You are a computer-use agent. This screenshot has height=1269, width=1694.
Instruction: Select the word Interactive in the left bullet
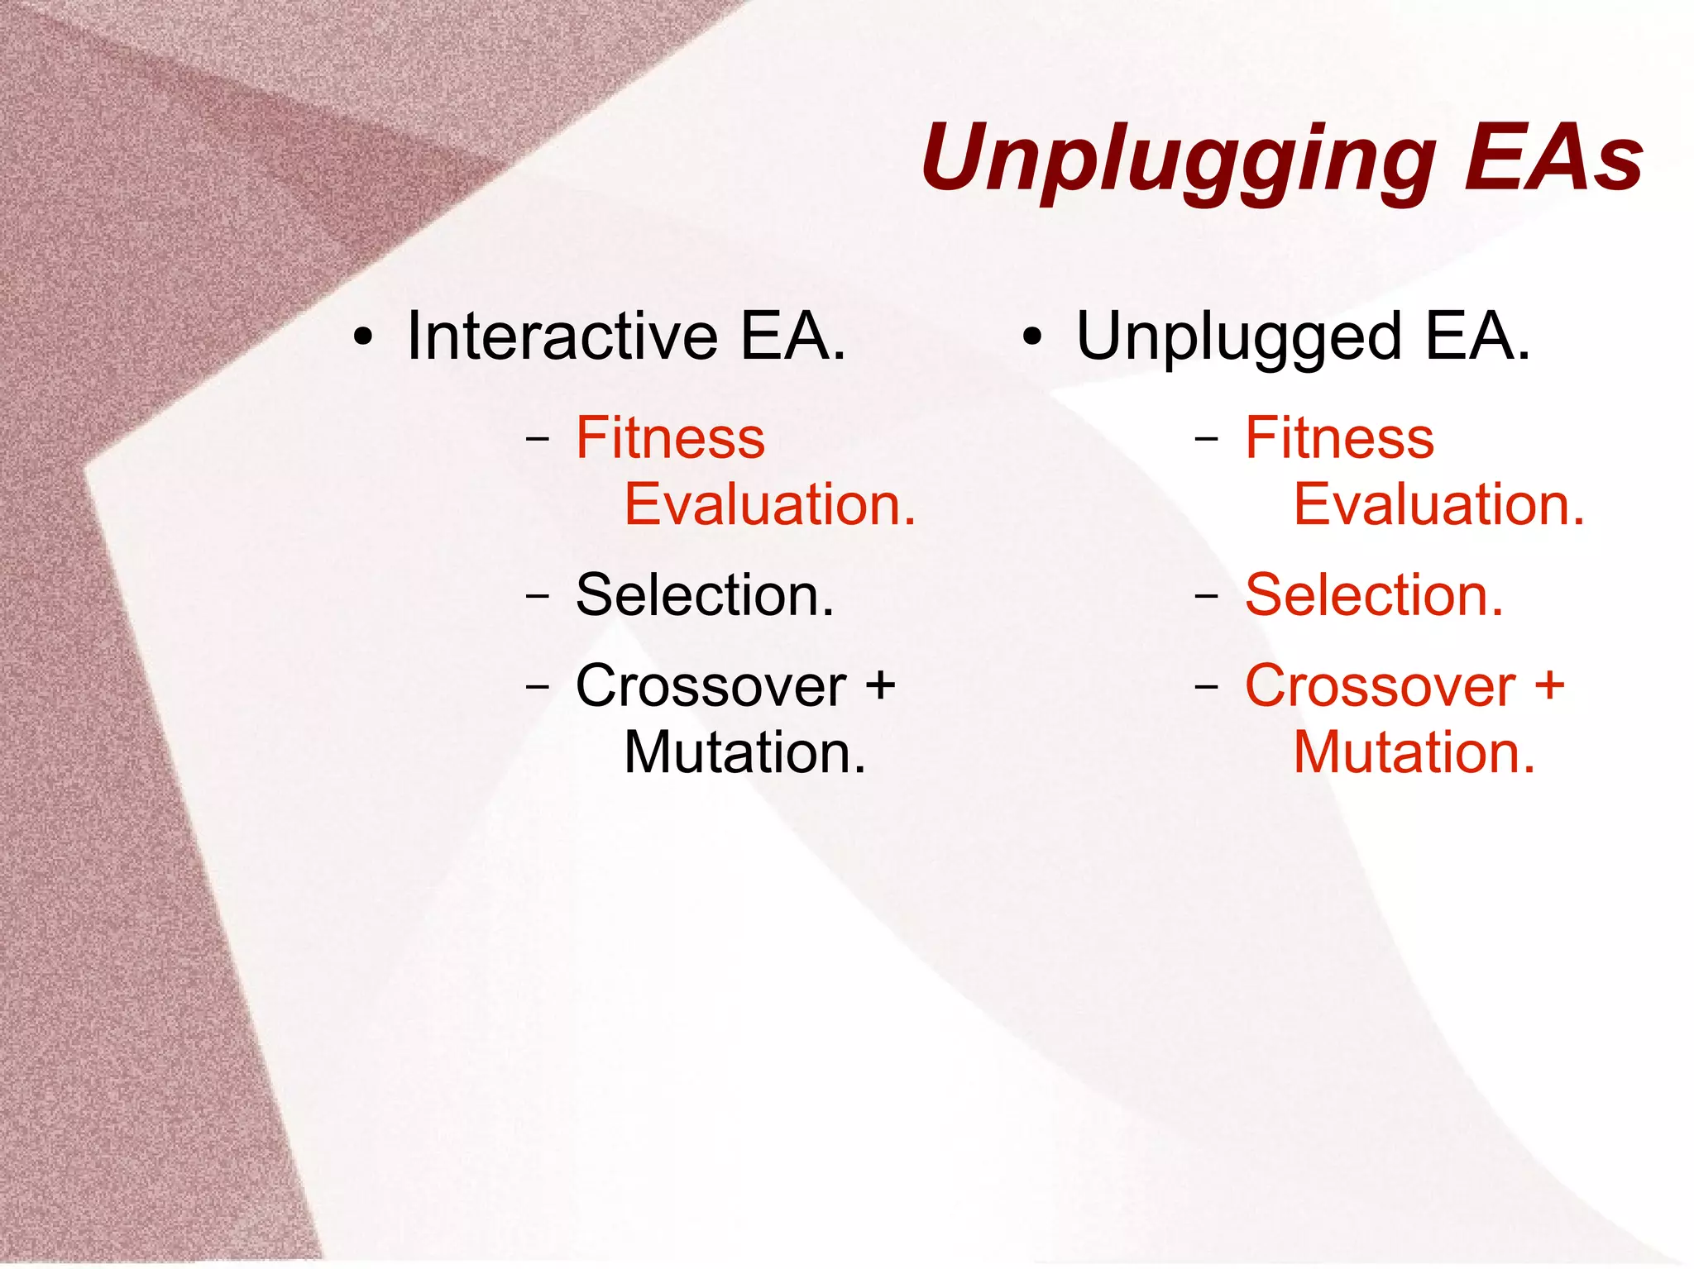562,336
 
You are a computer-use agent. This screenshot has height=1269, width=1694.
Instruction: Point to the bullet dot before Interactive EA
362,338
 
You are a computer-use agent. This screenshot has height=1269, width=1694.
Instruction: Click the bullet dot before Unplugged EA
1031,338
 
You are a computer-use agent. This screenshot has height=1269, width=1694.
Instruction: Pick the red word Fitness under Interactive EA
670,437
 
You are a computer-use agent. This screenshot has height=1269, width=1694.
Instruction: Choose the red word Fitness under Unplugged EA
1339,437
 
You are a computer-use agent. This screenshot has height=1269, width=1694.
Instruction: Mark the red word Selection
1374,594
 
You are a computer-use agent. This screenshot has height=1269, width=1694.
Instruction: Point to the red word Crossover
1381,686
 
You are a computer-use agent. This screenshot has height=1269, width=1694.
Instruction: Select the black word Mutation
744,752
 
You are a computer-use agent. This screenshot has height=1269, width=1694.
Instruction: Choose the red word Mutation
1414,752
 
